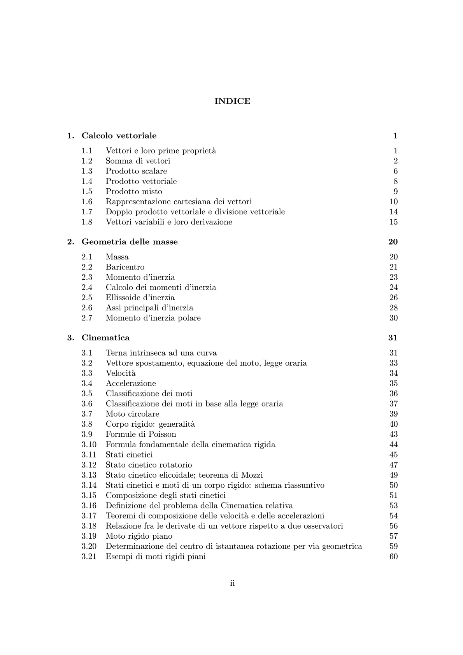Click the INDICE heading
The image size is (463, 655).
[232, 101]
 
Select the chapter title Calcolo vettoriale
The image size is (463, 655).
[119, 136]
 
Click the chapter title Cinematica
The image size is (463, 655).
[105, 338]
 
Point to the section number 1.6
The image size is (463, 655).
[87, 201]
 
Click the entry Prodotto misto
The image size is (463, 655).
[134, 191]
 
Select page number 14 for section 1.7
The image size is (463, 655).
[393, 212]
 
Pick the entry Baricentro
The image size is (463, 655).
[125, 267]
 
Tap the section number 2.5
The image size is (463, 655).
[87, 298]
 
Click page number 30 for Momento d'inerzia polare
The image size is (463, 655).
[393, 318]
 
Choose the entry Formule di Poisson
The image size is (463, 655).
[141, 434]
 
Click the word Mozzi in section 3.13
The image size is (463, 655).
[252, 475]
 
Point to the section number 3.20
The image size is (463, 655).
[89, 546]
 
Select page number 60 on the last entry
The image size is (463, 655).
[393, 556]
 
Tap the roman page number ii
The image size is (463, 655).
[232, 583]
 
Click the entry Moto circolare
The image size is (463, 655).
[132, 414]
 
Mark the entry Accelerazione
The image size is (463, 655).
[131, 384]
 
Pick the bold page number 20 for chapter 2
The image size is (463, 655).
[393, 242]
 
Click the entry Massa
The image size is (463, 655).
[117, 257]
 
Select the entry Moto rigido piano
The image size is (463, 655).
[139, 536]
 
